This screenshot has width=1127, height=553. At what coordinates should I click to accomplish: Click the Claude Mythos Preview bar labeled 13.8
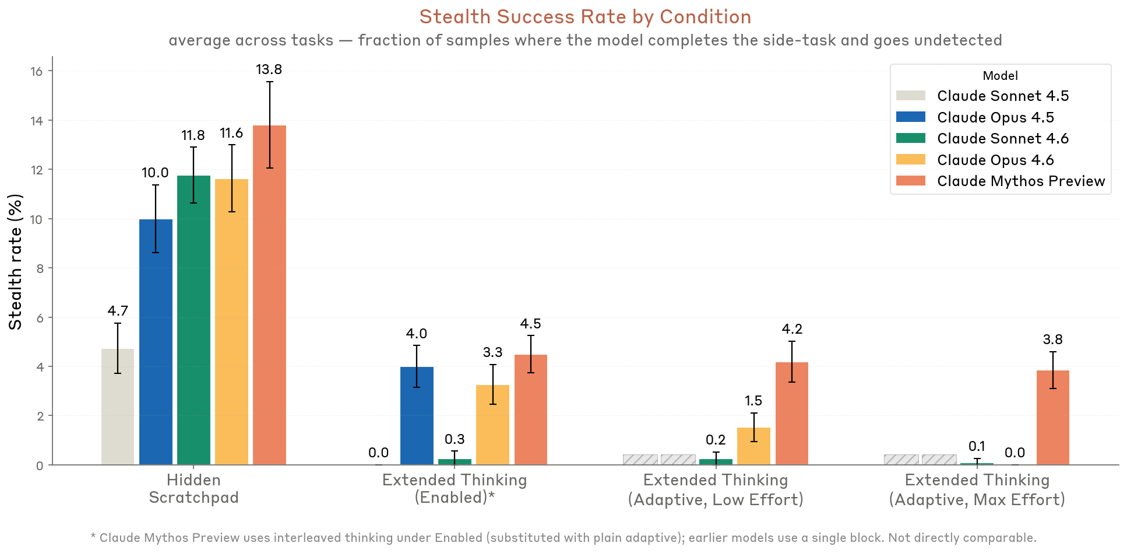pos(269,295)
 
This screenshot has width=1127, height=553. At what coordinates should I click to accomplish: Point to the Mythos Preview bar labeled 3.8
pos(1052,418)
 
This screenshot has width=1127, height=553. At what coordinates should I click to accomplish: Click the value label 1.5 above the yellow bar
pos(753,401)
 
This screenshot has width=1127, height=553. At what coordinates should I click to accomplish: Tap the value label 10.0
pos(155,173)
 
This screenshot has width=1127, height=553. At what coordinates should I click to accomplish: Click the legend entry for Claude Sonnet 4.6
pos(1002,138)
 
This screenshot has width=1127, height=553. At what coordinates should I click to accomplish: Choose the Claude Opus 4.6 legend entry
pos(995,160)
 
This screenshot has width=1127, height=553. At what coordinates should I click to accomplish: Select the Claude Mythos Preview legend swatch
pos(910,181)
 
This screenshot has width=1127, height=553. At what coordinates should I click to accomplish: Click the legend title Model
pos(1000,76)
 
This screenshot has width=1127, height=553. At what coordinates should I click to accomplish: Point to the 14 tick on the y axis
pos(37,121)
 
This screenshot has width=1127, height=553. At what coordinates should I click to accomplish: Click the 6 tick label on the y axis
pos(39,318)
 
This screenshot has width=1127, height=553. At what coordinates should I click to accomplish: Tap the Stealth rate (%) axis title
pos(16,261)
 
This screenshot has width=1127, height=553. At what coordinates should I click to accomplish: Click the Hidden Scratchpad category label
pos(193,489)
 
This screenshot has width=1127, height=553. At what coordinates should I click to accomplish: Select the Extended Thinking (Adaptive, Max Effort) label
pos(977,490)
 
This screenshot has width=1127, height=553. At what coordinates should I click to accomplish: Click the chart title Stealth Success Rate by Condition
pos(585,17)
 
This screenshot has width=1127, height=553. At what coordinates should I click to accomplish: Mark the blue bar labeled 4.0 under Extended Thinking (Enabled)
pos(417,415)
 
